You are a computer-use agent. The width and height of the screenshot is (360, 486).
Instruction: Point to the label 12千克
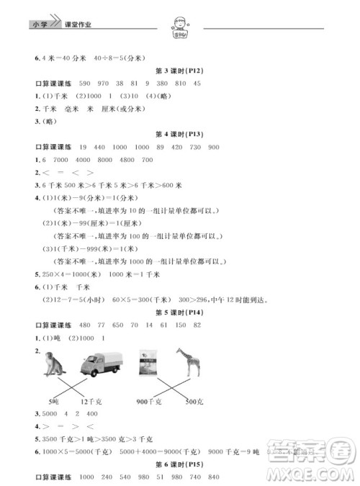[91, 400]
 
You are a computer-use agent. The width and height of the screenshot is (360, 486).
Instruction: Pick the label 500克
[189, 400]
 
